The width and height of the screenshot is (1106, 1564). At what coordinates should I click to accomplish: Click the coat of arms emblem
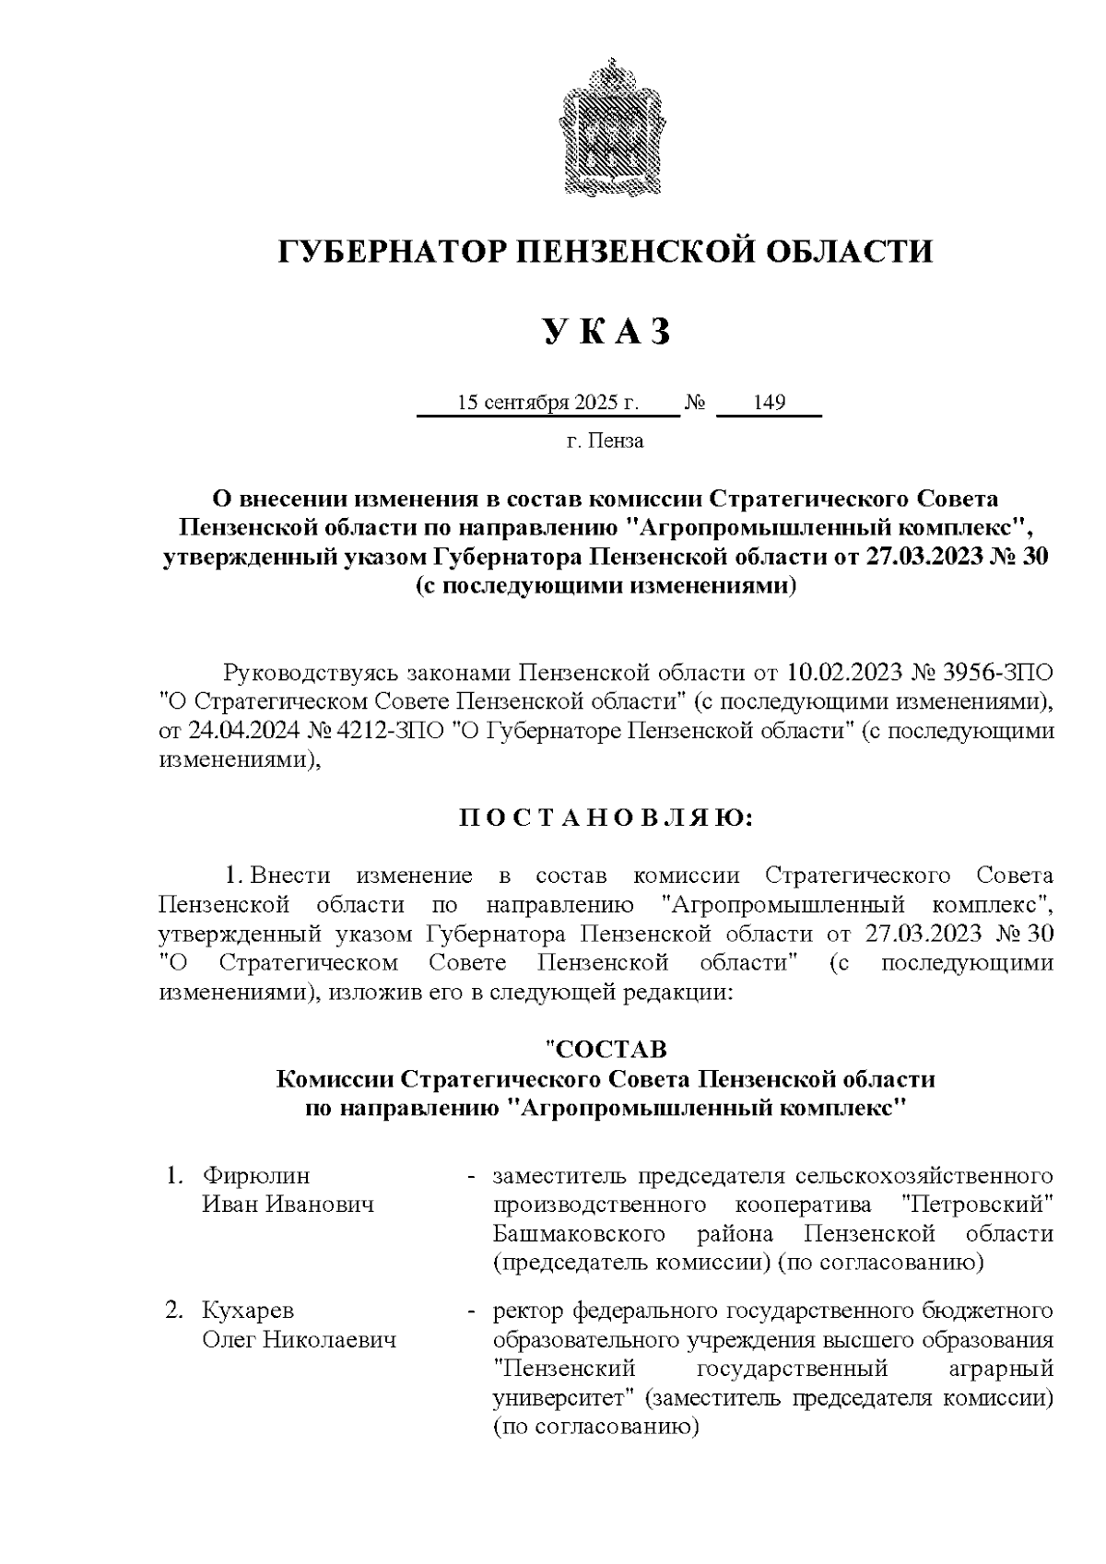(x=606, y=126)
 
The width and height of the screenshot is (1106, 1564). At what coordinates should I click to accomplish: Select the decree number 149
(x=769, y=404)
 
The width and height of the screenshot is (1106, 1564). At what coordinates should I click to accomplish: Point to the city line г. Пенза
(x=605, y=441)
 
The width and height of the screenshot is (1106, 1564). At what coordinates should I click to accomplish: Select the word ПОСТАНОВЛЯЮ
(x=606, y=818)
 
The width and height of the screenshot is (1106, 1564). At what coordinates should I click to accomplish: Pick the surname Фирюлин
(x=256, y=1177)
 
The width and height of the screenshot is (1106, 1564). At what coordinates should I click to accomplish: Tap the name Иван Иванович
(x=288, y=1205)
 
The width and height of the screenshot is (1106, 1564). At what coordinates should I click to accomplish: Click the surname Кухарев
(x=249, y=1311)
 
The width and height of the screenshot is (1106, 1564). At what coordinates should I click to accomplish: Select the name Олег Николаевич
(x=299, y=1339)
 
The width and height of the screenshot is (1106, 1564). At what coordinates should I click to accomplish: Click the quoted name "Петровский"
(x=976, y=1205)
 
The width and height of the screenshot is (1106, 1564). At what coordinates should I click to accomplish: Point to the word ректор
(x=529, y=1311)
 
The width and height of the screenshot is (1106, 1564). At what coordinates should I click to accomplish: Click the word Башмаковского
(x=580, y=1233)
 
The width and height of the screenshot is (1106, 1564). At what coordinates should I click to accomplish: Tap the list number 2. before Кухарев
(x=173, y=1311)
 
